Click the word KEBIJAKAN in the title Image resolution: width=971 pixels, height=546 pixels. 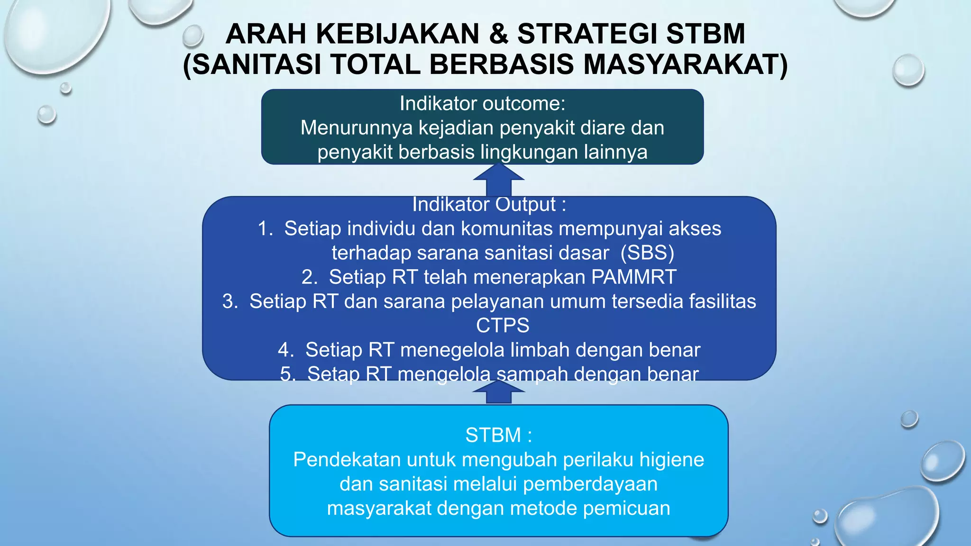[398, 34]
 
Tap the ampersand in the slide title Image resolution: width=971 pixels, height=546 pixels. [498, 34]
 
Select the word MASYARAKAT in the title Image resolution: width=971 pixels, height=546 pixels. [685, 64]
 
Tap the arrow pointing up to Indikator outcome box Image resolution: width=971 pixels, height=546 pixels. [499, 180]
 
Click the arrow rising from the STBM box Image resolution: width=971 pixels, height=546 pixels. [499, 392]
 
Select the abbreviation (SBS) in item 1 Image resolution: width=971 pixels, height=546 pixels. [647, 253]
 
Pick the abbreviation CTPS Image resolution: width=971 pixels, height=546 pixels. [503, 326]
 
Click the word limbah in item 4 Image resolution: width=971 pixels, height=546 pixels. [540, 350]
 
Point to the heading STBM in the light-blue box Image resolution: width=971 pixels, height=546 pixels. [493, 435]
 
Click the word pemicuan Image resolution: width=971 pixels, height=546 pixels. [626, 508]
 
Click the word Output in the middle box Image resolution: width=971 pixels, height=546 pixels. [525, 204]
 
